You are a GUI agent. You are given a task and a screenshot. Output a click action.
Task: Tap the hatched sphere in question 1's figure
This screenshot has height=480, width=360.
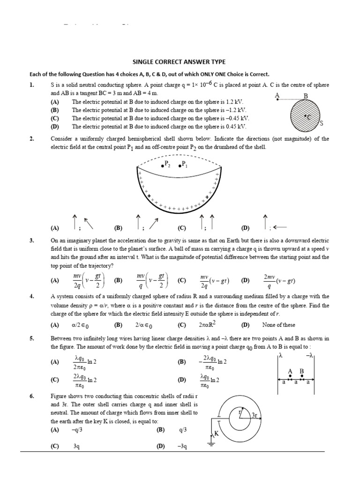click(x=305, y=116)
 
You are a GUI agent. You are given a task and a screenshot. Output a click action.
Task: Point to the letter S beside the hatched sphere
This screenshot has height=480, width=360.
click(x=321, y=124)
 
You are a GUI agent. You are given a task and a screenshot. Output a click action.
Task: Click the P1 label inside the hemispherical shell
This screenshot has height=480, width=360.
click(x=183, y=165)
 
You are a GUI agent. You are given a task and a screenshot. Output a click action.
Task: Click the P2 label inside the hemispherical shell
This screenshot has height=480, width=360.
click(x=165, y=165)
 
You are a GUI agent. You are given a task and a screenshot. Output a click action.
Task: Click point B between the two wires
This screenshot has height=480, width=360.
click(x=302, y=371)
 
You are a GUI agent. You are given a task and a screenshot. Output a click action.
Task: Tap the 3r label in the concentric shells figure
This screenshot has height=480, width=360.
click(x=255, y=415)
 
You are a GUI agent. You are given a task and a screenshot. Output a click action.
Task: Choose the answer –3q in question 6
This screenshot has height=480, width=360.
click(x=182, y=447)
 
